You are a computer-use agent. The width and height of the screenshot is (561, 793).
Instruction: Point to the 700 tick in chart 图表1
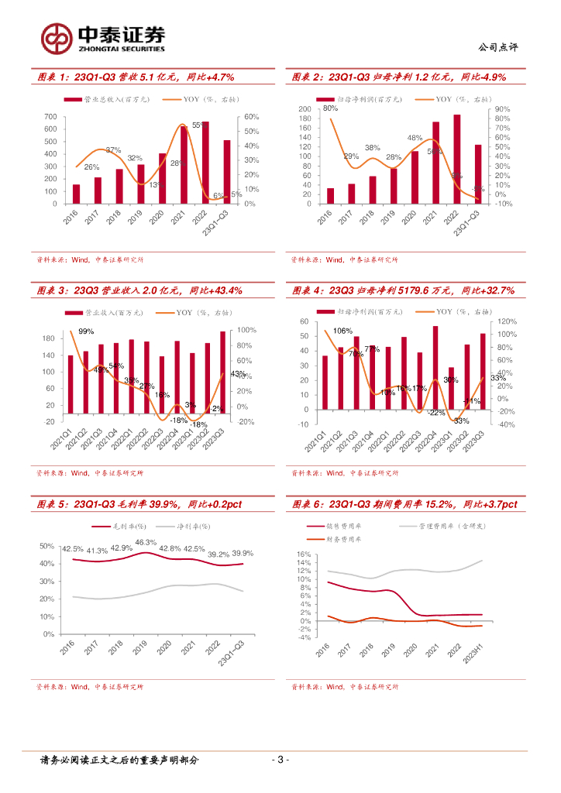click(50, 117)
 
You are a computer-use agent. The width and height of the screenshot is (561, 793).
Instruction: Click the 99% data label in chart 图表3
click(86, 331)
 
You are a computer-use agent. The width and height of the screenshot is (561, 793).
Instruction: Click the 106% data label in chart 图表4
click(342, 331)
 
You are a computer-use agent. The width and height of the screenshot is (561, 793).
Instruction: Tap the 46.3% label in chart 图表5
click(146, 543)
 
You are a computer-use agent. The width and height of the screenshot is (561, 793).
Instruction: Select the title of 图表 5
click(139, 504)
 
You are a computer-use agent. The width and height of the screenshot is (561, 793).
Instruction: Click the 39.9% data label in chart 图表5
click(243, 553)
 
